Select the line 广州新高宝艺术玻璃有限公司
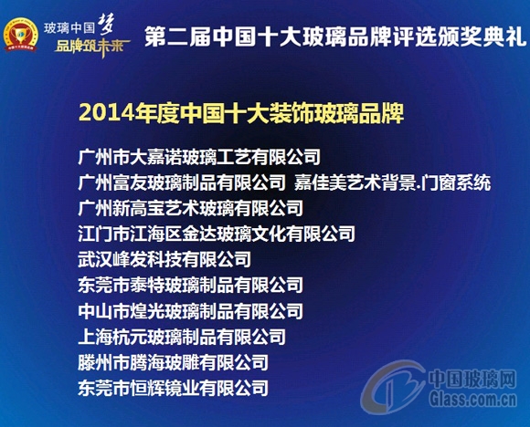click(191, 208)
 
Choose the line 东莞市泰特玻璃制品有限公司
click(191, 286)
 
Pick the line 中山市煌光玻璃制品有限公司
click(191, 311)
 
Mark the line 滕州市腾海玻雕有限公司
click(174, 362)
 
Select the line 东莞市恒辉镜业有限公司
click(174, 388)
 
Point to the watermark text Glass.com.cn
click(475, 396)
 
